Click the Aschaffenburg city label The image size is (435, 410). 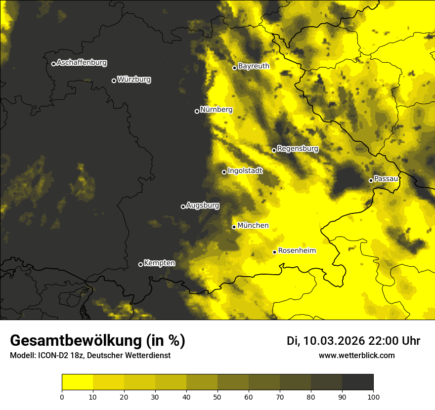[x=82, y=63]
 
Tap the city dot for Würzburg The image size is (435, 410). [x=114, y=81]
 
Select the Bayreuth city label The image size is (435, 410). [x=254, y=66]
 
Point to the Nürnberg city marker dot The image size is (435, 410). [x=197, y=111]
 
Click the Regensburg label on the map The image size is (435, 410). [x=298, y=149]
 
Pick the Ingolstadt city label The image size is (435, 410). [x=245, y=171]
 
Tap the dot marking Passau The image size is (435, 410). [x=371, y=180]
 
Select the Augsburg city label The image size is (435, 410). [x=203, y=205]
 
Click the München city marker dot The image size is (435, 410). [x=234, y=227]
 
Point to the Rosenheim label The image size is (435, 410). [x=297, y=251]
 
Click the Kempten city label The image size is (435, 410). [x=159, y=263]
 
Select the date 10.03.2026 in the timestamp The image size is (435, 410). [x=334, y=341]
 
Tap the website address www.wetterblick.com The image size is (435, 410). [x=356, y=355]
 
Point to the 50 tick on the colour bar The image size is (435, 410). [x=217, y=396]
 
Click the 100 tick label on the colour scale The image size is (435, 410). [x=373, y=396]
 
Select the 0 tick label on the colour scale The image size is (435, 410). [x=62, y=396]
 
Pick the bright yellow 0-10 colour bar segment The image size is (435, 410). [x=77, y=382]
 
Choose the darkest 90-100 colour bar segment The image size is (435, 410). [x=357, y=382]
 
